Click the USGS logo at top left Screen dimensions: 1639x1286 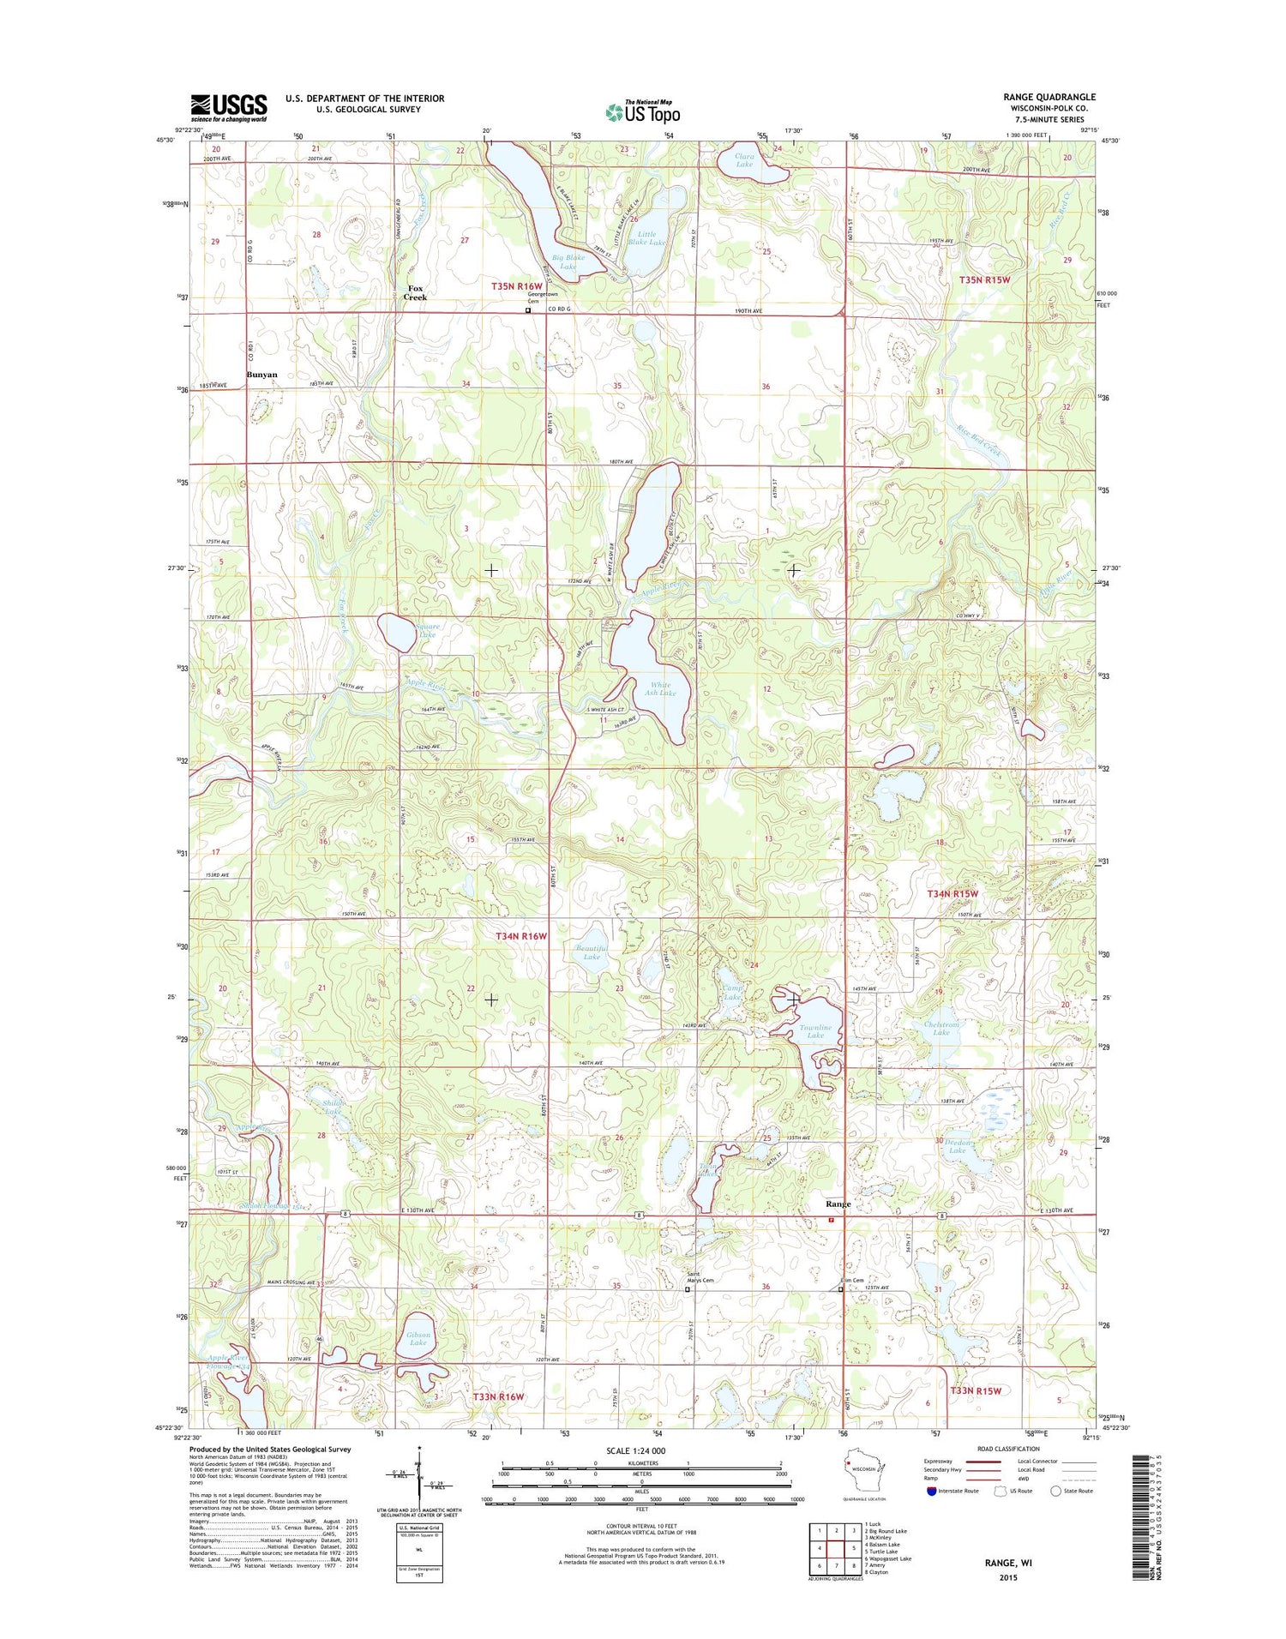(228, 108)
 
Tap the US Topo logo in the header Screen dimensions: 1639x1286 (642, 112)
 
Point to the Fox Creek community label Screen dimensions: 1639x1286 (415, 292)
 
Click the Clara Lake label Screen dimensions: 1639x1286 (744, 159)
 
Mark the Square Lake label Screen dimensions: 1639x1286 (426, 630)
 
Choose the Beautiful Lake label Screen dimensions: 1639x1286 (592, 952)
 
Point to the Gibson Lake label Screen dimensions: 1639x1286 (418, 1339)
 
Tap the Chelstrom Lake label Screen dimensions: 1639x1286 (941, 1029)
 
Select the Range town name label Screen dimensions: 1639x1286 (838, 1204)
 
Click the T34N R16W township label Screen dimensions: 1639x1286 (520, 936)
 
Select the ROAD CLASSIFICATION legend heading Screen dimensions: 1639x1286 (1008, 1450)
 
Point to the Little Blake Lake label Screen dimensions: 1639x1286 (646, 238)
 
